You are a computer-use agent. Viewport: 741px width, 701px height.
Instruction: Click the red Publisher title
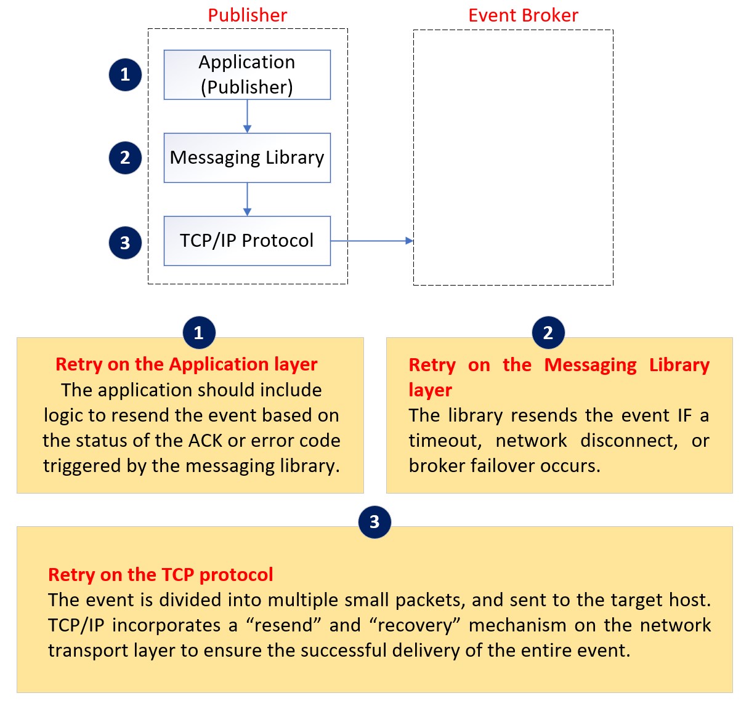[x=247, y=15]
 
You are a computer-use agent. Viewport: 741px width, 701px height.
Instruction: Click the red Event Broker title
[x=523, y=15]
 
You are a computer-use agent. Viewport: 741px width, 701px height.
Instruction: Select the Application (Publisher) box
[x=247, y=74]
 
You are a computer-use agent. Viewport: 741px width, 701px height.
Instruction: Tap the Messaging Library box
[x=247, y=158]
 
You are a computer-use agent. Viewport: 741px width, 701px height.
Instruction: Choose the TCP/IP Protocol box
[x=247, y=241]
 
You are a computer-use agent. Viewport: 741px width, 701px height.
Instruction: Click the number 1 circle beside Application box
[x=125, y=74]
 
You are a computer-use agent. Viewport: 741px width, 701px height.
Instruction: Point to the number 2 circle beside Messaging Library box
[x=125, y=158]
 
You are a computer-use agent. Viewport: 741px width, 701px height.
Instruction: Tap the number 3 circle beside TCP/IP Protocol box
[x=125, y=242]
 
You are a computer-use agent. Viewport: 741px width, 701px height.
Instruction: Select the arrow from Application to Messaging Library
[x=247, y=116]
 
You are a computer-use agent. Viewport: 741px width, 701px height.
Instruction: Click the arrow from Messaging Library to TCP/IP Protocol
[x=247, y=199]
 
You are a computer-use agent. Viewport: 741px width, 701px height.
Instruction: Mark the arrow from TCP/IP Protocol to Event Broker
[x=371, y=241]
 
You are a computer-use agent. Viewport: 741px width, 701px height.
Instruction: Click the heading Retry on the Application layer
[x=186, y=364]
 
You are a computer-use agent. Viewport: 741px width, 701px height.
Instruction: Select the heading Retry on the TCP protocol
[x=160, y=575]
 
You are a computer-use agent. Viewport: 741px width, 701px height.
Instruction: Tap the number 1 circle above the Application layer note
[x=199, y=333]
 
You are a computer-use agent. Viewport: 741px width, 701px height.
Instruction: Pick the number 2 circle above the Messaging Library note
[x=548, y=333]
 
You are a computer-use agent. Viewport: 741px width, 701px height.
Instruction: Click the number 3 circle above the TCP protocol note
[x=375, y=522]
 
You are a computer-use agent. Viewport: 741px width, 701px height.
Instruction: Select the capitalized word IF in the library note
[x=684, y=415]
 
